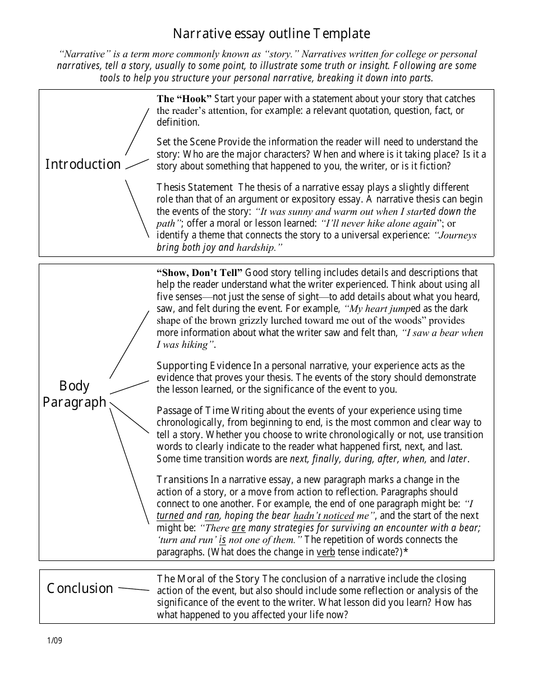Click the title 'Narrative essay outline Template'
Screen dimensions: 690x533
[x=271, y=34]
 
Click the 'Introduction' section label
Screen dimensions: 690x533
[x=83, y=164]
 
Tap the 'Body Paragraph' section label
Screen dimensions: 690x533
[x=74, y=394]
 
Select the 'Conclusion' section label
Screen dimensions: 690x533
[x=80, y=588]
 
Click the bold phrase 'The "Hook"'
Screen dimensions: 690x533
[x=184, y=99]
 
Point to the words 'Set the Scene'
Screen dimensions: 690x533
[x=186, y=142]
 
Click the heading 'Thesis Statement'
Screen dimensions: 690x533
[x=194, y=187]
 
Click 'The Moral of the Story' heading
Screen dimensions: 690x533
[x=208, y=579]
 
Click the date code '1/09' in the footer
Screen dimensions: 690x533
[x=54, y=641]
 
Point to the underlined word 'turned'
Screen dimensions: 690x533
[x=170, y=516]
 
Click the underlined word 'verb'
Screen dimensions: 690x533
[x=326, y=551]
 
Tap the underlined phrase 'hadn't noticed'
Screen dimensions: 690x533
[x=323, y=516]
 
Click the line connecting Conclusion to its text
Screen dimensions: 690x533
[x=134, y=589]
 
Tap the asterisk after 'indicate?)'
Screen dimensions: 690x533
[x=406, y=551]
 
